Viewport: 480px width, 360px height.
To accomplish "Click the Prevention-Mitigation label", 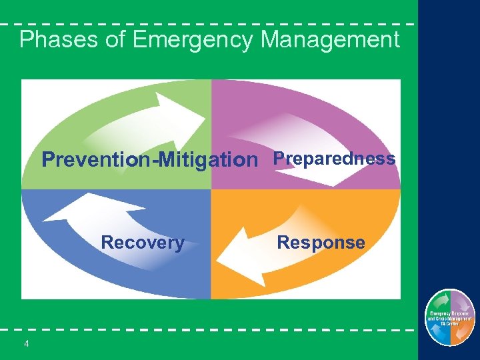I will coord(149,160).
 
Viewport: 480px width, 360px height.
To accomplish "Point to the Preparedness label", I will coord(335,159).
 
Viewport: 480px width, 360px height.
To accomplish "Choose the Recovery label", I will coord(143,243).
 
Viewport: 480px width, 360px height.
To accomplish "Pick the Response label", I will coord(321,243).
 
